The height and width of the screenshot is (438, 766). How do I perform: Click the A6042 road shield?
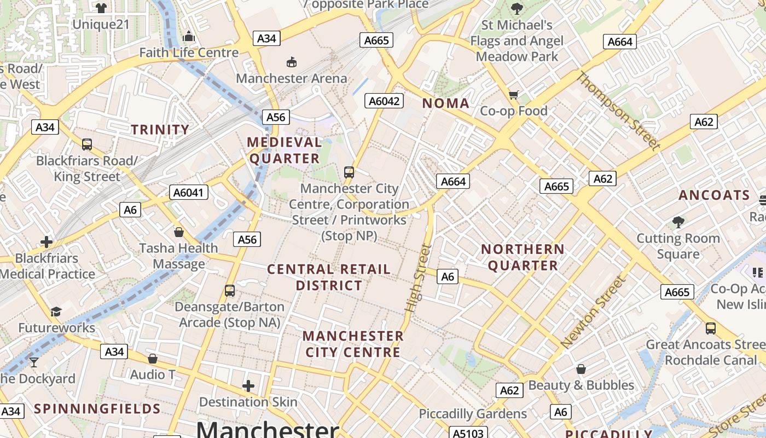click(x=385, y=101)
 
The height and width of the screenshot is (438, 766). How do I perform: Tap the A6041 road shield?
click(x=189, y=192)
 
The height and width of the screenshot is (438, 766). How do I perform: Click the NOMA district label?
click(x=446, y=103)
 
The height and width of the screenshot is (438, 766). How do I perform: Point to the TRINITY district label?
click(x=160, y=130)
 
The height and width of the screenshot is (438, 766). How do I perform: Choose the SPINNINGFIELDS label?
click(x=97, y=409)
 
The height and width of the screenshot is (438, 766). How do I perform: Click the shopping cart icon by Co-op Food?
click(x=513, y=95)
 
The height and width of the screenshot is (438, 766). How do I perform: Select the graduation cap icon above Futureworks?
click(x=56, y=312)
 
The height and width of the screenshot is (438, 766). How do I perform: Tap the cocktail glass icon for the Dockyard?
click(x=34, y=362)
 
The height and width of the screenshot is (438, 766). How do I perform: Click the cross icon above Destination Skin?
click(x=248, y=386)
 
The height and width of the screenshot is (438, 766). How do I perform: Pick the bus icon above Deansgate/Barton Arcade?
click(x=230, y=291)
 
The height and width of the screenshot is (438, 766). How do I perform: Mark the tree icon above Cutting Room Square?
click(x=678, y=222)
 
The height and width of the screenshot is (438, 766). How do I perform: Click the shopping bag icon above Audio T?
click(x=153, y=359)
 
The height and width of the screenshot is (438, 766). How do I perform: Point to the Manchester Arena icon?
click(x=292, y=62)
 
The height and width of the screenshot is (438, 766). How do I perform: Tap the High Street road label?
click(x=419, y=278)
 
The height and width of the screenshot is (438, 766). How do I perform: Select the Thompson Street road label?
click(x=618, y=110)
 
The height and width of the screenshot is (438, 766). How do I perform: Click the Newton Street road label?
click(x=593, y=313)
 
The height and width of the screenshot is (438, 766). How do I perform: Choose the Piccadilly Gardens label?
click(x=473, y=414)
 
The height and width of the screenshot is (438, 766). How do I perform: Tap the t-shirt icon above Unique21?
click(x=101, y=8)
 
